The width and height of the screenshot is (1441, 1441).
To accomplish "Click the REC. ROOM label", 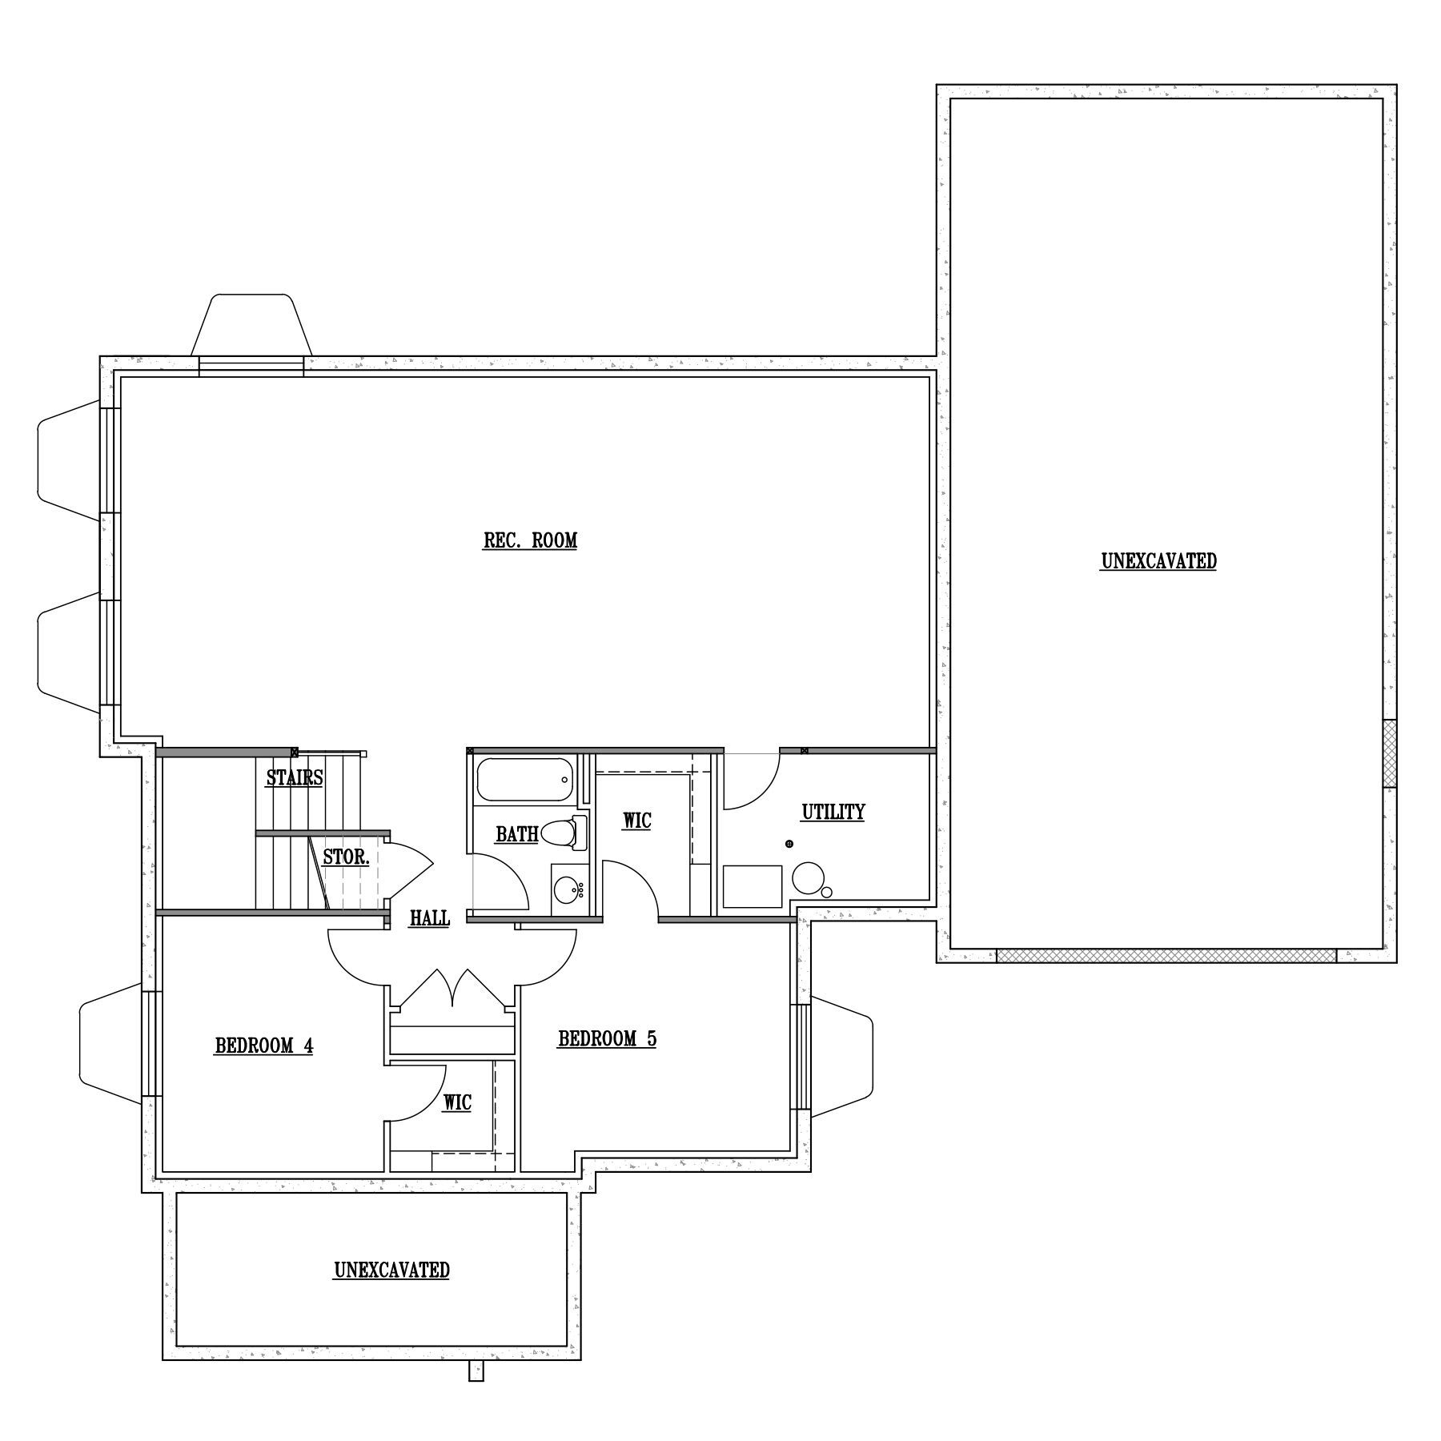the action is [530, 541].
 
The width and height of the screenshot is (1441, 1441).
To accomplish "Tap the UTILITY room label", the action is [833, 813].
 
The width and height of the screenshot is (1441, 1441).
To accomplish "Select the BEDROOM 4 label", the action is [264, 1046].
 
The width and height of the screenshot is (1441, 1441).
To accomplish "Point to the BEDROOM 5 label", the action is [607, 1039].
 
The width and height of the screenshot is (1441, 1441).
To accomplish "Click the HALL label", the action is [430, 918].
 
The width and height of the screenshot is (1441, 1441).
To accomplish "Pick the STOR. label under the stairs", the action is [346, 857].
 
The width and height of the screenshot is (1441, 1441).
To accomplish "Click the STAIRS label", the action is [295, 777].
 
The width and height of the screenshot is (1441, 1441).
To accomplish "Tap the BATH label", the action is [516, 834].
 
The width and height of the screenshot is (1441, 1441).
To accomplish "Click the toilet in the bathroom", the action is [564, 833].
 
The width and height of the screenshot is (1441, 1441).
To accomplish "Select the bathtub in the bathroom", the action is [525, 780].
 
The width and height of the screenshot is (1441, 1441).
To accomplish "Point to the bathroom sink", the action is [570, 889].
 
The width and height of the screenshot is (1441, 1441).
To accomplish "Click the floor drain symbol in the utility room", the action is [789, 844].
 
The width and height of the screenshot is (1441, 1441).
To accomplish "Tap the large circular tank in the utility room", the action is [808, 877].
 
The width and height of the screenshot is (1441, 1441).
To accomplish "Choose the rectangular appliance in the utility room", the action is [753, 886].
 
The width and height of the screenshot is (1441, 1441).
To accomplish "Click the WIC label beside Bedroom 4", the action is [457, 1103].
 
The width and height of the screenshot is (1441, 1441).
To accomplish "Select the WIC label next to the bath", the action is [637, 821].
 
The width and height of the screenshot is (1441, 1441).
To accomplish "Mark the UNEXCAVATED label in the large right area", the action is [1158, 562].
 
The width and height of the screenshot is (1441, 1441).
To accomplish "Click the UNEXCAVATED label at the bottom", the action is [391, 1270].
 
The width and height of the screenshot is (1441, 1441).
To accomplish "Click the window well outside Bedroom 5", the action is [841, 1057].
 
